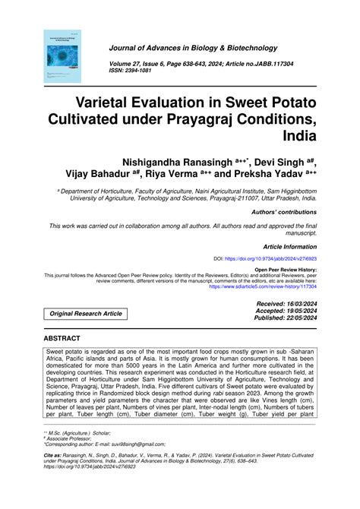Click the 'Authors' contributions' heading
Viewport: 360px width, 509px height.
(283, 212)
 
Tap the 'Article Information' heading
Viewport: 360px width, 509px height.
(289, 247)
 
